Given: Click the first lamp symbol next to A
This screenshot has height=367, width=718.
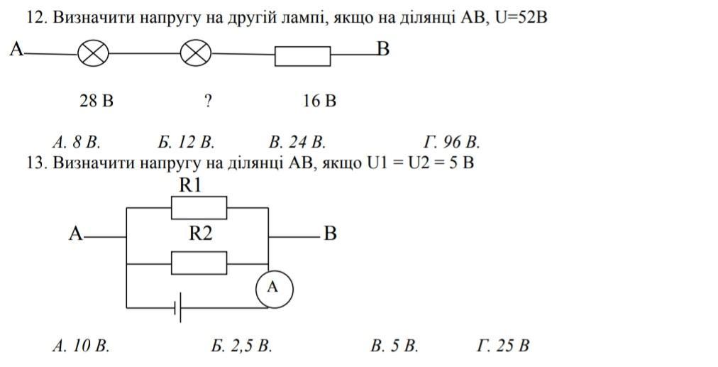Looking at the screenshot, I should pyautogui.click(x=92, y=53).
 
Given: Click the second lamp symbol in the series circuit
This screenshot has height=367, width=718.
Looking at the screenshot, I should pyautogui.click(x=197, y=53).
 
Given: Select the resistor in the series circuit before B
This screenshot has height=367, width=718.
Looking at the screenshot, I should pyautogui.click(x=302, y=56).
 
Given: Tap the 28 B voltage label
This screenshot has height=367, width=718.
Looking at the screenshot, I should pyautogui.click(x=96, y=101).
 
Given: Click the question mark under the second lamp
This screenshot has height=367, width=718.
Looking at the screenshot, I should pyautogui.click(x=208, y=101).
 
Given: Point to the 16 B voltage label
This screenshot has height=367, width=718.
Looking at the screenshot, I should pyautogui.click(x=319, y=101).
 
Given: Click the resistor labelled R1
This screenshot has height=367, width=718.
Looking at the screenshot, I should pyautogui.click(x=199, y=208).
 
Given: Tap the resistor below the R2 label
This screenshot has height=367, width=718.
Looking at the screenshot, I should pyautogui.click(x=199, y=263).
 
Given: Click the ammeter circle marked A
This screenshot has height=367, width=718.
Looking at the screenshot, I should pyautogui.click(x=273, y=288).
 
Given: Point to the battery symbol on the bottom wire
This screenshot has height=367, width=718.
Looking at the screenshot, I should pyautogui.click(x=178, y=307).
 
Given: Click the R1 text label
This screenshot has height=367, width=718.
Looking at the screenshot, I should pyautogui.click(x=191, y=186).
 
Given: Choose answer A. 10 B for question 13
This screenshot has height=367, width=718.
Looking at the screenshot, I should pyautogui.click(x=81, y=346).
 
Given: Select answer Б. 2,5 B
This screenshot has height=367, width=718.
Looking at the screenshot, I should pyautogui.click(x=242, y=346).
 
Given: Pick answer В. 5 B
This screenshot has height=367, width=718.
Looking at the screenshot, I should pyautogui.click(x=394, y=346).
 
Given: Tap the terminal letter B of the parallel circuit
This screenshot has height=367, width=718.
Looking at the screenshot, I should pyautogui.click(x=330, y=234).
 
